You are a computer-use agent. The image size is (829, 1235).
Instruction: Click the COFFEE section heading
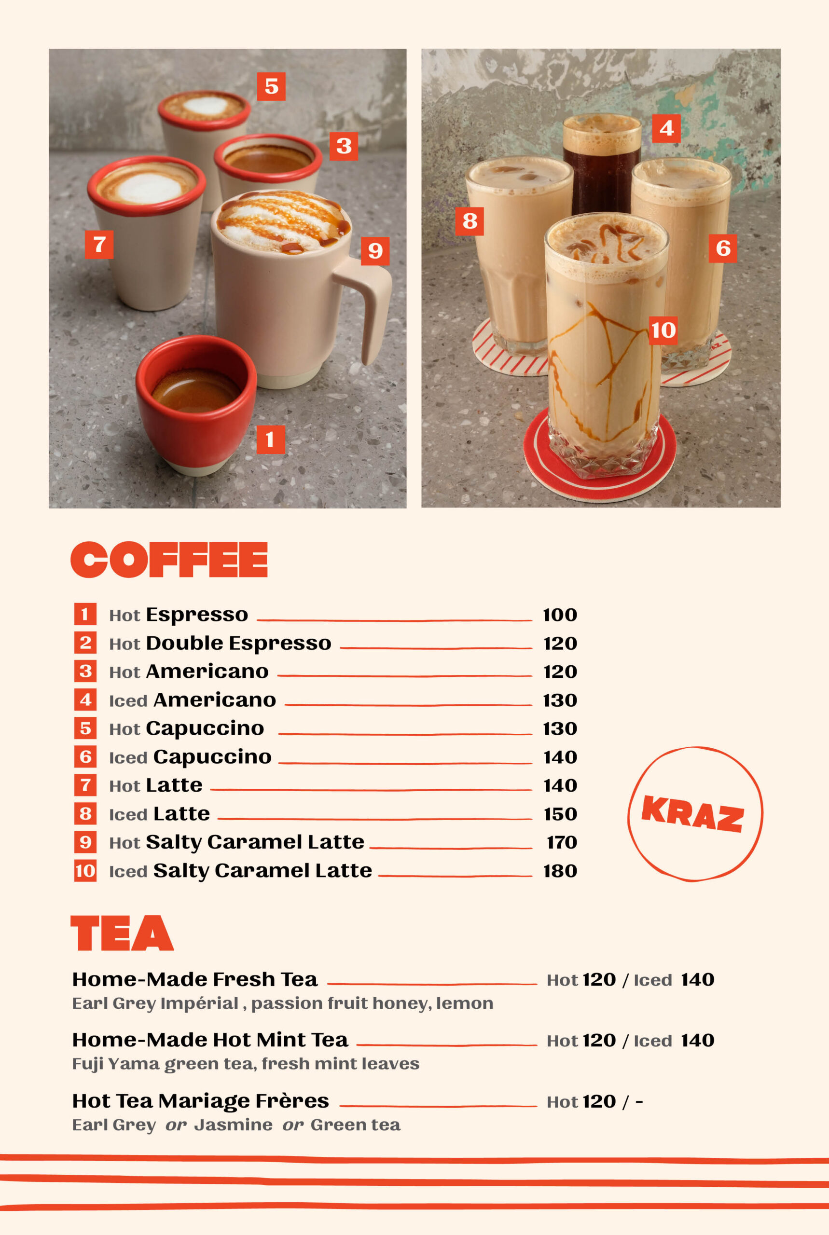point(169,559)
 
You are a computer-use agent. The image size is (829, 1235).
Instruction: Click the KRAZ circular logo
point(695,814)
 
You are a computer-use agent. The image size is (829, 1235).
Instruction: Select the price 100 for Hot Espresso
point(560,615)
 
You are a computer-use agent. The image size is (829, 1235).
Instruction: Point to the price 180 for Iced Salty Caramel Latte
point(560,871)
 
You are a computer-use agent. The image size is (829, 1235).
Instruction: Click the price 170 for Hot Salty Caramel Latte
point(562,842)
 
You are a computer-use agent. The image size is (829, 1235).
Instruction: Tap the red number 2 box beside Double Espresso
point(85,643)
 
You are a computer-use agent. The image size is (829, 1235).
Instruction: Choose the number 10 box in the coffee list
point(85,870)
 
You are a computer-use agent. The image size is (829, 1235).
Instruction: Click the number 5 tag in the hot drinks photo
point(271,86)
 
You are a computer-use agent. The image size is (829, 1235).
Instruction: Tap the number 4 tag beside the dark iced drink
point(666,128)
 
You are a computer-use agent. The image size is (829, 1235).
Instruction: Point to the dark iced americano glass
point(602,164)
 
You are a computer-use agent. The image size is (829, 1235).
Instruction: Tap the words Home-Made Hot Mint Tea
point(210,1040)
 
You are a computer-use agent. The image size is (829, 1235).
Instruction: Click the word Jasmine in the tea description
point(233,1125)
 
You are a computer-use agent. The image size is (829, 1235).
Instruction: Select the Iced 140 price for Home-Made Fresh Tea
point(674,980)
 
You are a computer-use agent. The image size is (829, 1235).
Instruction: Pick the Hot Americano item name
point(189,672)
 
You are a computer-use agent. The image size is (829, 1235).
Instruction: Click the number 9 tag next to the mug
point(375,250)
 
